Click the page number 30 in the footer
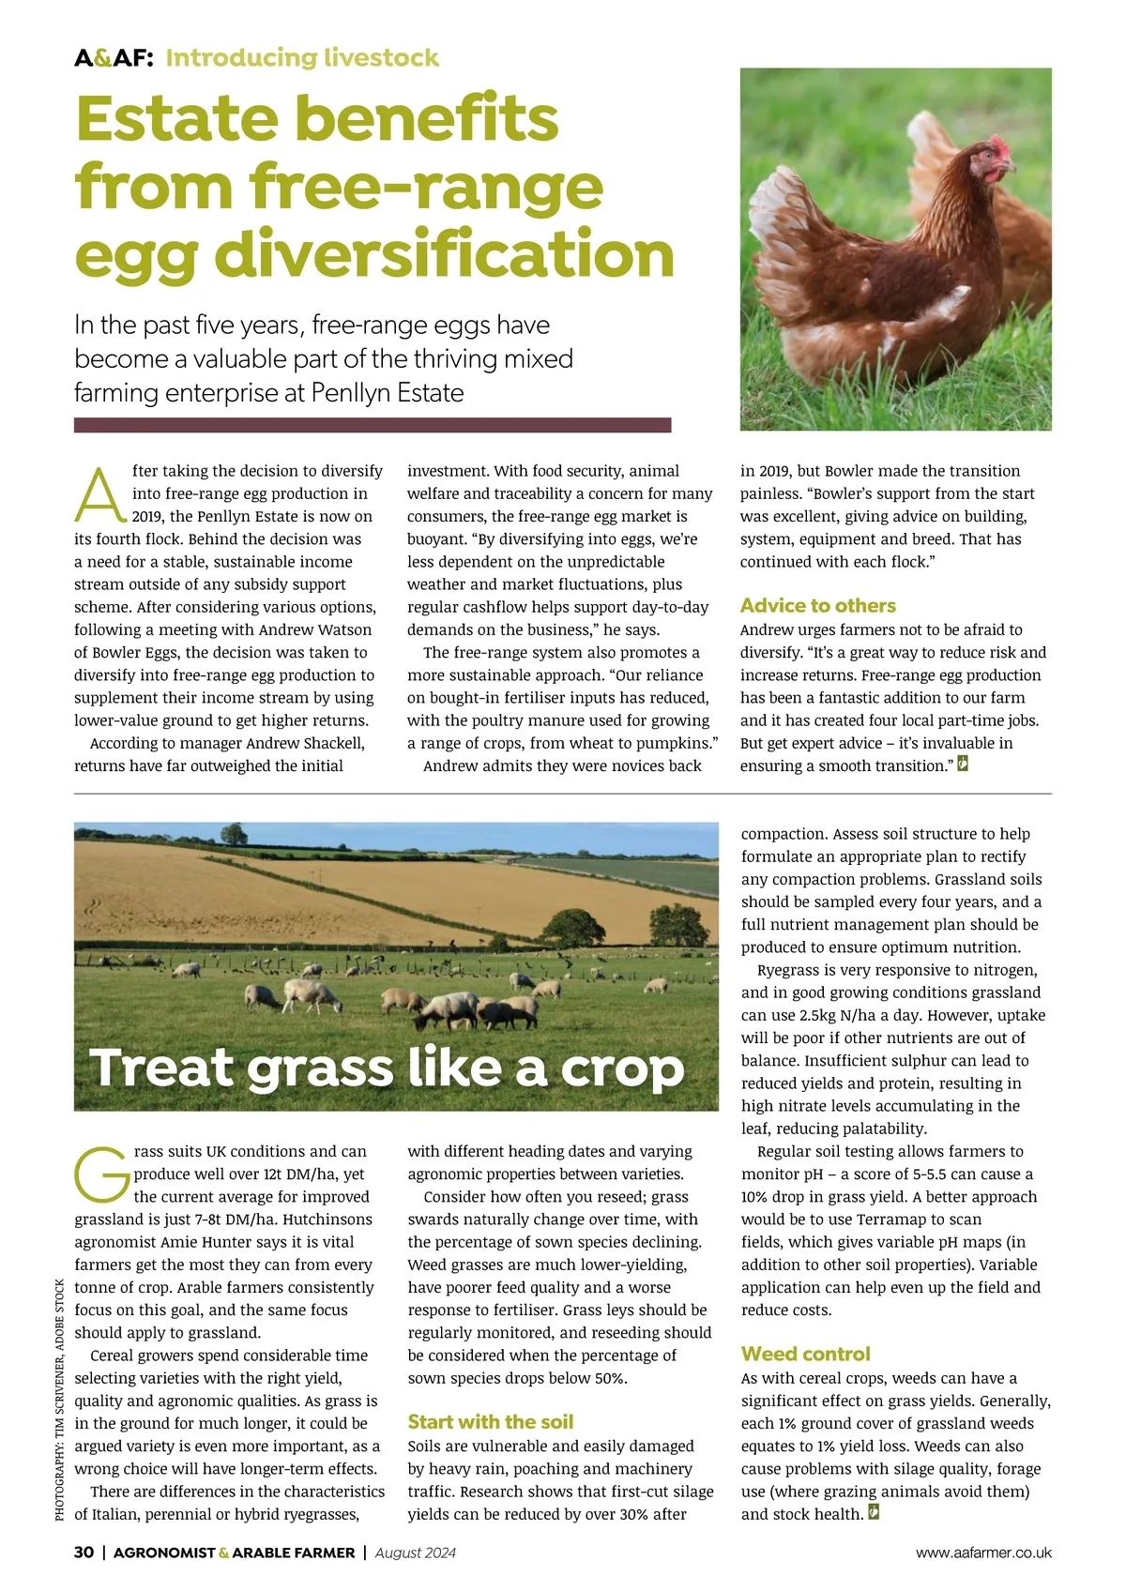[x=84, y=1552]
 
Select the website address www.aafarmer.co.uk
[x=983, y=1553]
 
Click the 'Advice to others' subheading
[x=817, y=605]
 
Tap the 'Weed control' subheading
[x=805, y=1354]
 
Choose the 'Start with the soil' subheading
[x=490, y=1421]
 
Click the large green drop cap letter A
[x=99, y=494]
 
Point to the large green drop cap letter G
[x=100, y=1174]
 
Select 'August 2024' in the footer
[x=415, y=1553]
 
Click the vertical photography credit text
[x=60, y=1399]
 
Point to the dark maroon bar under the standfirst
[x=373, y=425]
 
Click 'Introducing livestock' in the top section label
[x=302, y=58]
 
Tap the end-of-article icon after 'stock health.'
[x=875, y=1512]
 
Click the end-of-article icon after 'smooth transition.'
[x=962, y=764]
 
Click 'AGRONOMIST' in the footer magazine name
[x=164, y=1553]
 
